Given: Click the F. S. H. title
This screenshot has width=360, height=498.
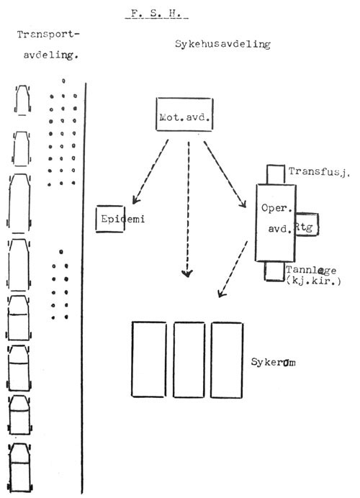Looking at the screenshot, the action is pyautogui.click(x=156, y=14).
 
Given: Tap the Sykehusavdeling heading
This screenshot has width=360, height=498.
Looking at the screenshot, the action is pyautogui.click(x=222, y=44).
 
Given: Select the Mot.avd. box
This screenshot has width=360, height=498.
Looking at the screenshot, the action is pyautogui.click(x=184, y=114).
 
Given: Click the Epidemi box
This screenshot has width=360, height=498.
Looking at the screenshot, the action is pyautogui.click(x=110, y=219).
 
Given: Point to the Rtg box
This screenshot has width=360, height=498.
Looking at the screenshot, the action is pyautogui.click(x=307, y=225).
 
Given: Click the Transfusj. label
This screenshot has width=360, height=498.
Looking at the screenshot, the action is pyautogui.click(x=319, y=172).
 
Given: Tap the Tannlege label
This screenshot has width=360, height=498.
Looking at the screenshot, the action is pyautogui.click(x=311, y=270).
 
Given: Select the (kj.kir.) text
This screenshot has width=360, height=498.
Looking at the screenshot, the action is pyautogui.click(x=313, y=281).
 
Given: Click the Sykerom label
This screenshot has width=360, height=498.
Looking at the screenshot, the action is pyautogui.click(x=274, y=362).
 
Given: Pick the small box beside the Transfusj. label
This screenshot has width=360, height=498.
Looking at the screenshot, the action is pyautogui.click(x=276, y=174).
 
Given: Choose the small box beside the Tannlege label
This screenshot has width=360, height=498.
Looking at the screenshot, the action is pyautogui.click(x=274, y=271).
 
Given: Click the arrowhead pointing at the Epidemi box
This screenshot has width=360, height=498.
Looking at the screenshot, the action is pyautogui.click(x=135, y=200).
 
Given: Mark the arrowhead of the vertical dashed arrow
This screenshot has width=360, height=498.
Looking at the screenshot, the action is pyautogui.click(x=186, y=273).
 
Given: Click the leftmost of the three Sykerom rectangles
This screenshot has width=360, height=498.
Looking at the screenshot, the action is pyautogui.click(x=149, y=359).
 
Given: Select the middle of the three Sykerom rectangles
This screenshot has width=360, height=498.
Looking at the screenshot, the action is pyautogui.click(x=189, y=360).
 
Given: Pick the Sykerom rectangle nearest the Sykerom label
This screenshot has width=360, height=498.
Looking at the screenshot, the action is pyautogui.click(x=227, y=360).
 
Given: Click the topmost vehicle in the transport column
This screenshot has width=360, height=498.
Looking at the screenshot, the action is pyautogui.click(x=22, y=99).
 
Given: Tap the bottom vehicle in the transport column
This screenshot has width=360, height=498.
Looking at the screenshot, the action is pyautogui.click(x=20, y=468).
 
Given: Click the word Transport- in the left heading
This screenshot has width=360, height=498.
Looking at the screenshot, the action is pyautogui.click(x=48, y=35).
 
